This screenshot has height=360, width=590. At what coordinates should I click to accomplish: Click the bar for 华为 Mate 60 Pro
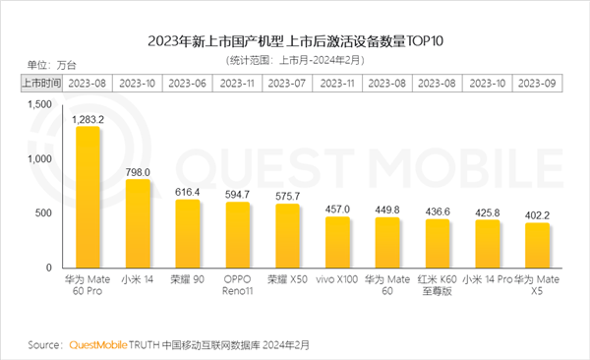(88, 197)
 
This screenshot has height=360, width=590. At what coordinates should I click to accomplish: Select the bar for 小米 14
(139, 223)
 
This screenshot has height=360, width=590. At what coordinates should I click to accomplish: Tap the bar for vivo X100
(337, 242)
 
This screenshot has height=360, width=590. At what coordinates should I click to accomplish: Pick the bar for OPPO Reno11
(238, 234)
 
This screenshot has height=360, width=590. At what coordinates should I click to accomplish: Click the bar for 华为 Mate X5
(536, 245)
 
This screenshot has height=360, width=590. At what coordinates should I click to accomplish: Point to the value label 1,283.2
(88, 117)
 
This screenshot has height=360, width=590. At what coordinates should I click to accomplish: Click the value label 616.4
(187, 191)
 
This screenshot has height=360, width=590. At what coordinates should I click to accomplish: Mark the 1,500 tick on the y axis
(37, 103)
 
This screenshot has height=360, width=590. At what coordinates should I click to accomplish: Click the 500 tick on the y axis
(42, 212)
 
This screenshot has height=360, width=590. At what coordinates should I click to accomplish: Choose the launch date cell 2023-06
(187, 83)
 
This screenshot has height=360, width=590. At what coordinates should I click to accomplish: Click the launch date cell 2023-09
(536, 83)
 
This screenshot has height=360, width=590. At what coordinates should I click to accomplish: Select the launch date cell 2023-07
(287, 83)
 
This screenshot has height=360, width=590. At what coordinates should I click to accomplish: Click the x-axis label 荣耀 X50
(287, 279)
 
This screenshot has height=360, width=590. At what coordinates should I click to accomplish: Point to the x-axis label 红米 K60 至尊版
(437, 285)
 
